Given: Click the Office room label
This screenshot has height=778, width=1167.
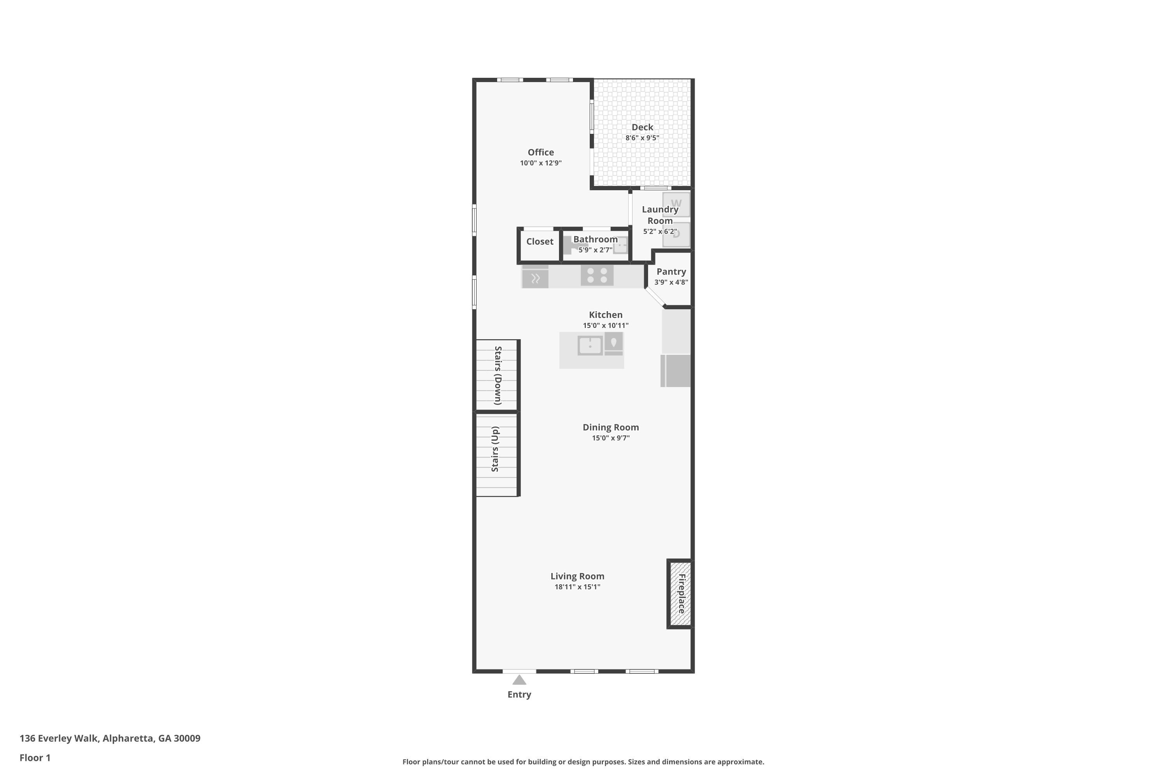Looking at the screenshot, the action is coord(540,152).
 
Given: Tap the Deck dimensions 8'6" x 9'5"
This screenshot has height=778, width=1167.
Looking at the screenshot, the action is coord(642,138).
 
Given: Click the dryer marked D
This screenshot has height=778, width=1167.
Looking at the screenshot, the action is coord(676,234).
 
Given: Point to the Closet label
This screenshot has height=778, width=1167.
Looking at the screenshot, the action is coord(540,242).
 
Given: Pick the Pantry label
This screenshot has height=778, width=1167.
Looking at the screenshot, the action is coord(671,272).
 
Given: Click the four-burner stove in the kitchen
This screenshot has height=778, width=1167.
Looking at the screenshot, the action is coord(597,275).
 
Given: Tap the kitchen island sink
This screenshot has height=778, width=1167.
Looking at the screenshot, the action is coord(590,345).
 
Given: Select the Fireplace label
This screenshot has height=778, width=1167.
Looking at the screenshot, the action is coord(682,594).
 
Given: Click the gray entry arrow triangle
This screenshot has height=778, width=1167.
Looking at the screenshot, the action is coord(519,680).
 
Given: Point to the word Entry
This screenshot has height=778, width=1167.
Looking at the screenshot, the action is coord(519,695).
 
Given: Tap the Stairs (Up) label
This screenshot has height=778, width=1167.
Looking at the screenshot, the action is coord(495,449).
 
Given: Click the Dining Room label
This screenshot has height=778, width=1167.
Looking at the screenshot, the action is coord(610,427).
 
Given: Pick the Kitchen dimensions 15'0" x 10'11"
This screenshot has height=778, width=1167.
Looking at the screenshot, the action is coord(605,326).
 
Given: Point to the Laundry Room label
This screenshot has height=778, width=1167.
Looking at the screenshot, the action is coord(660,215).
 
